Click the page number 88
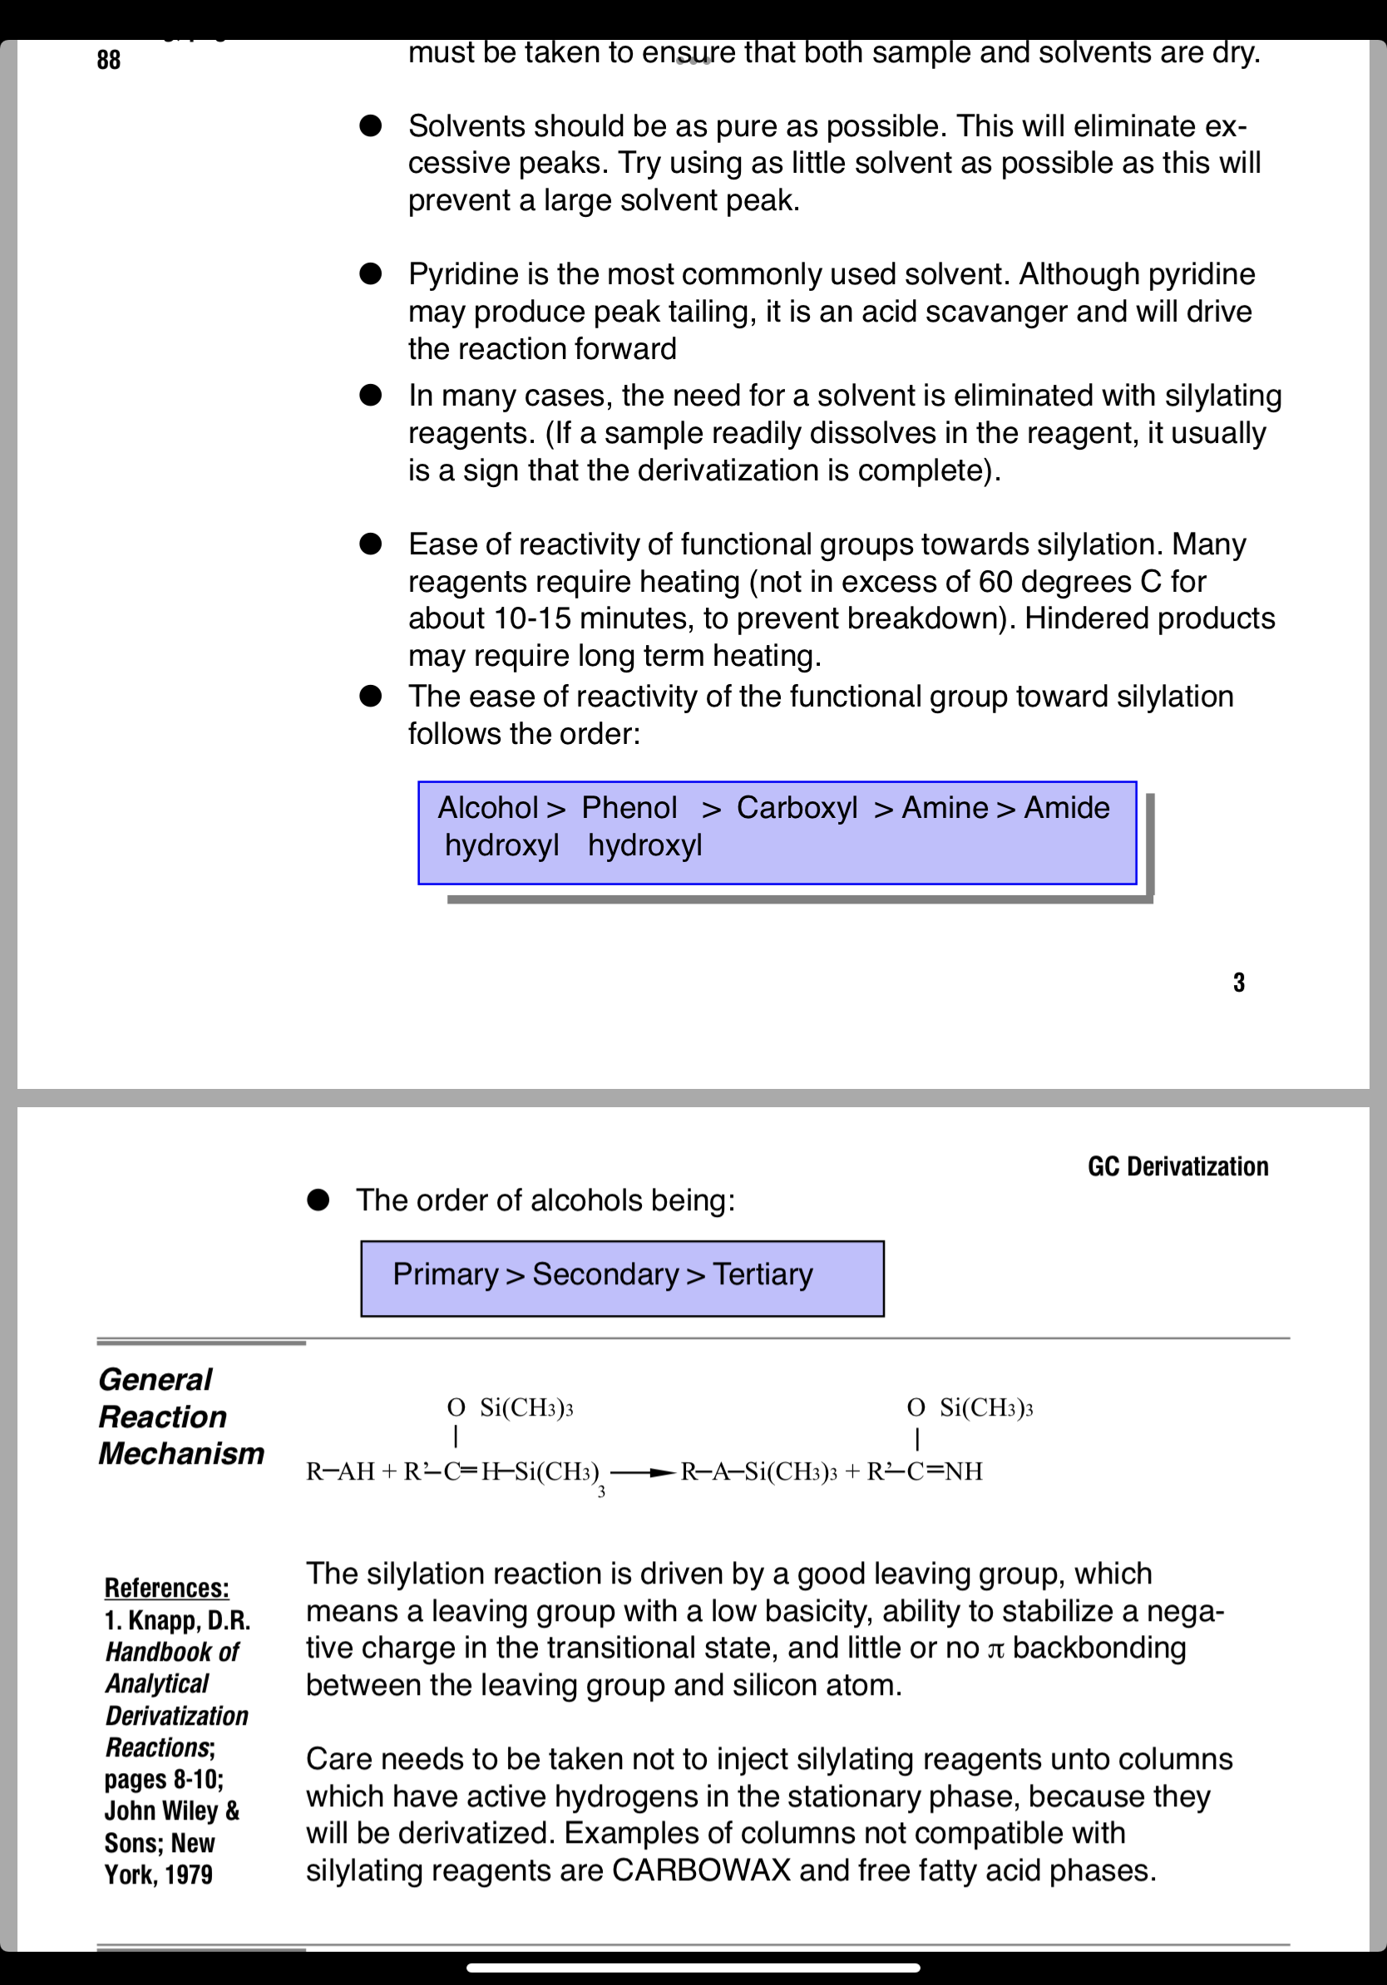(109, 60)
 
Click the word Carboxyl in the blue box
(797, 807)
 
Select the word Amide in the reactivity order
(1066, 807)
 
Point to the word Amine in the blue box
(945, 807)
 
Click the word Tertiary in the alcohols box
(763, 1274)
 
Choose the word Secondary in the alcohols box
(605, 1274)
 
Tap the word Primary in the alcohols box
(446, 1274)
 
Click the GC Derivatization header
(1177, 1166)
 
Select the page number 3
(1238, 983)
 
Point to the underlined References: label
(167, 1588)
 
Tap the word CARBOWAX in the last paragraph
(700, 1871)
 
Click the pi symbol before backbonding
(996, 1649)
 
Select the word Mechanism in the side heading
(181, 1454)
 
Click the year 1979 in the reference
(189, 1874)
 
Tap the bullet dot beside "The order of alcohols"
(318, 1200)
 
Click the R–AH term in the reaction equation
(340, 1471)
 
